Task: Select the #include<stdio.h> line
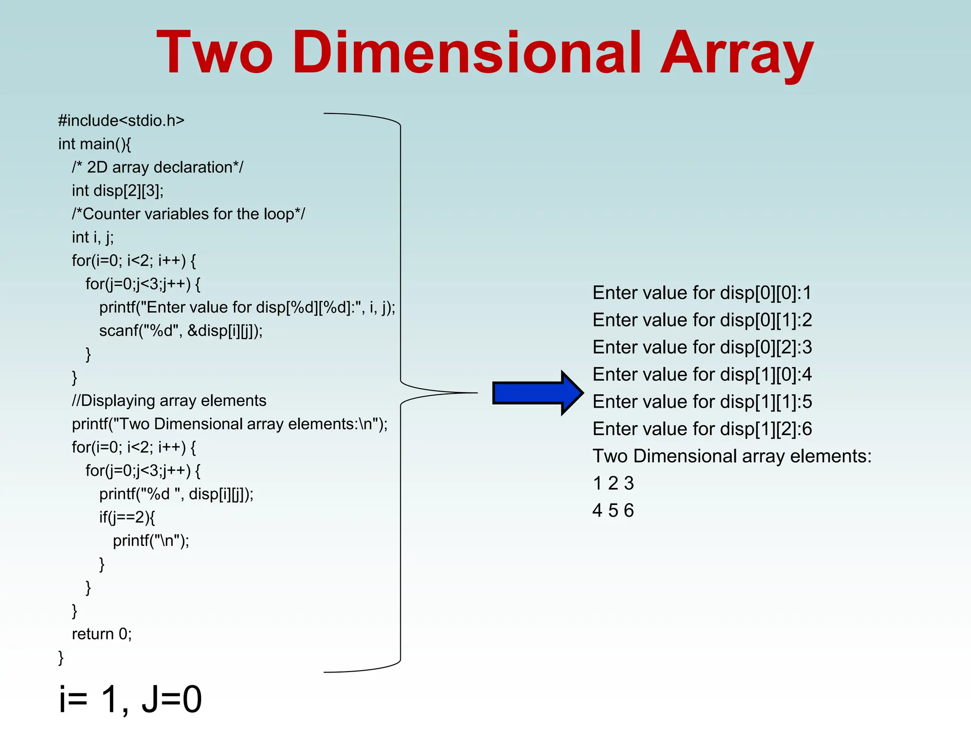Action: pyautogui.click(x=121, y=121)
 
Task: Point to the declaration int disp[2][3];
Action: pyautogui.click(x=118, y=191)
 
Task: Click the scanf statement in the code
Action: pyautogui.click(x=181, y=331)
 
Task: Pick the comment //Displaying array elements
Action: pyautogui.click(x=169, y=401)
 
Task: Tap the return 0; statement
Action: pyautogui.click(x=101, y=634)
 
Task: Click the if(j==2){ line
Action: pyautogui.click(x=127, y=517)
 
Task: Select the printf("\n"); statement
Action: pyautogui.click(x=151, y=541)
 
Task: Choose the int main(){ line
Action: pyautogui.click(x=94, y=144)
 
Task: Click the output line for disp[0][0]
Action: pyautogui.click(x=702, y=293)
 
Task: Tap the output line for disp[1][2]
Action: pyautogui.click(x=702, y=429)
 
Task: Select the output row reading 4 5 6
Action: pyautogui.click(x=613, y=511)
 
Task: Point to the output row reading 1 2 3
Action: pyautogui.click(x=613, y=484)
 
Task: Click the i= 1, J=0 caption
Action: pyautogui.click(x=130, y=699)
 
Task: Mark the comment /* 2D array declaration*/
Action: pyautogui.click(x=157, y=168)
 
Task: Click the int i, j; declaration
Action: pyautogui.click(x=92, y=237)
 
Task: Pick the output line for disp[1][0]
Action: pyautogui.click(x=702, y=374)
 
